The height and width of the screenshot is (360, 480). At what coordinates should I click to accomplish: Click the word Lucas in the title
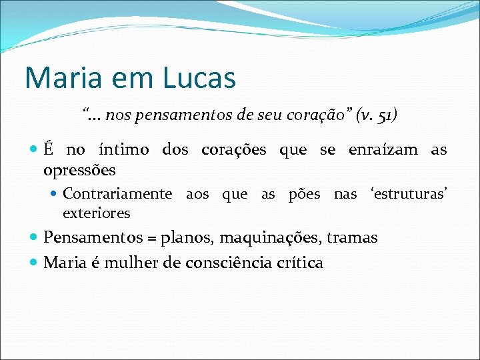(199, 77)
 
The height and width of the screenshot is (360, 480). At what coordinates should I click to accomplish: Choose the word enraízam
(383, 150)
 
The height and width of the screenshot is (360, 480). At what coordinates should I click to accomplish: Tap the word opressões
(79, 170)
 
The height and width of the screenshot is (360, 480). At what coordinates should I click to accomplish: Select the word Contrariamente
(117, 194)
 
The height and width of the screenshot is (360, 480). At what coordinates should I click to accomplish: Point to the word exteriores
(96, 213)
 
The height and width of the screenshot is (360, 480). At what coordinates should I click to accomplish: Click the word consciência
(226, 263)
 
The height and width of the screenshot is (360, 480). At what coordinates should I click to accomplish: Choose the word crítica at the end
(299, 263)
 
